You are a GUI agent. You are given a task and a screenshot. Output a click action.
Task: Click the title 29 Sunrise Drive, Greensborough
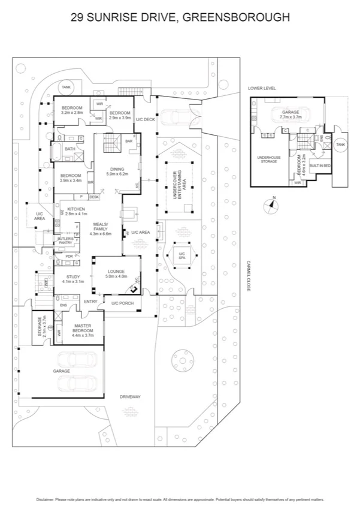click(x=180, y=17)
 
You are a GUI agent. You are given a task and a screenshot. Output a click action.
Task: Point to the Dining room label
click(x=117, y=171)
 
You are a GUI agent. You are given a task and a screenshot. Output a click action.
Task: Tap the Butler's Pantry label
click(x=65, y=240)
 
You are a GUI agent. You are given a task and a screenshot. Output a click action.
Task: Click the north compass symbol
click(x=272, y=204)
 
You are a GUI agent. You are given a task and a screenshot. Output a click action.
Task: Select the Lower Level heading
click(x=262, y=88)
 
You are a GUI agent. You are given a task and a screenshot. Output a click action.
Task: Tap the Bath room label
click(x=69, y=149)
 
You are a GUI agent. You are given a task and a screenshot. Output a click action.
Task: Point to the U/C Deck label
click(x=145, y=120)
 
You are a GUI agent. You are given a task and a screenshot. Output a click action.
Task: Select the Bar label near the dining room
click(x=128, y=141)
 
